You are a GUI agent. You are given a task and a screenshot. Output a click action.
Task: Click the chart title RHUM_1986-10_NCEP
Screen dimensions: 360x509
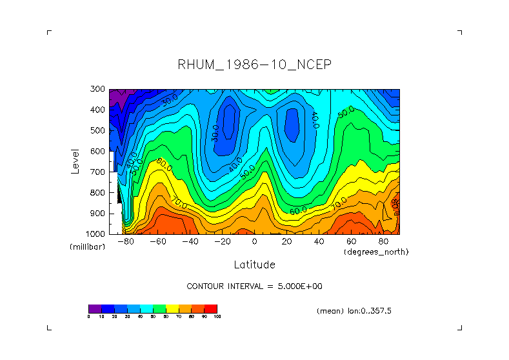pyautogui.click(x=254, y=65)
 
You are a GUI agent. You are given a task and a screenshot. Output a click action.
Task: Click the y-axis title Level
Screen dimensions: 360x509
pyautogui.click(x=75, y=161)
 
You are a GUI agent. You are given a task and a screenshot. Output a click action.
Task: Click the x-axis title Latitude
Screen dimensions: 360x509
pyautogui.click(x=254, y=265)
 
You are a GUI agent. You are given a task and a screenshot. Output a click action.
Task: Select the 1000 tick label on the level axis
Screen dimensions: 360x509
pyautogui.click(x=97, y=234)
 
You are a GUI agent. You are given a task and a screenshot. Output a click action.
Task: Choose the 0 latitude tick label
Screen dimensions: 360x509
pyautogui.click(x=254, y=241)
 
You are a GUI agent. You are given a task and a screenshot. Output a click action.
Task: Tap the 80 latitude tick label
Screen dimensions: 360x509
pyautogui.click(x=383, y=241)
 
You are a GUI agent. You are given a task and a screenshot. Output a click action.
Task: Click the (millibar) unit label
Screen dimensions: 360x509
pyautogui.click(x=86, y=247)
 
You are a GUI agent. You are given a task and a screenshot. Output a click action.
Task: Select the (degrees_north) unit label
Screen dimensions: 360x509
pyautogui.click(x=376, y=252)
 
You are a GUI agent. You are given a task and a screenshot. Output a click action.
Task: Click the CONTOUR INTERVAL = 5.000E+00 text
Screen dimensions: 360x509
pyautogui.click(x=254, y=286)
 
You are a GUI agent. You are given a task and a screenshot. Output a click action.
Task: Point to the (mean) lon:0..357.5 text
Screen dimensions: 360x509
pyautogui.click(x=354, y=310)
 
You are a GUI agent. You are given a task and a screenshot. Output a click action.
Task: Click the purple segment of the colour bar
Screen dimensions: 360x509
pyautogui.click(x=95, y=308)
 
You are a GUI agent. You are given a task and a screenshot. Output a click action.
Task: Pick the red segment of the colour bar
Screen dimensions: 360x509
pyautogui.click(x=211, y=308)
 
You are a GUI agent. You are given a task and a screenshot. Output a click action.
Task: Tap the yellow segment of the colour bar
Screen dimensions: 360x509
pyautogui.click(x=172, y=308)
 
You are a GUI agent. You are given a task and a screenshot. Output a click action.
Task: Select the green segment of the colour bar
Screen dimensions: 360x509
pyautogui.click(x=159, y=308)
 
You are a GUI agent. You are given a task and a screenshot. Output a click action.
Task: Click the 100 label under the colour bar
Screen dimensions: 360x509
pyautogui.click(x=217, y=317)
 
